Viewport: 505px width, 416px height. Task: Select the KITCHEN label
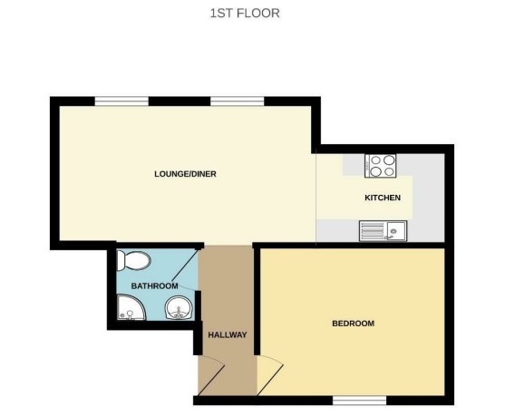click(x=382, y=198)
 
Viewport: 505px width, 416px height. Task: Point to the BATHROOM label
click(x=154, y=286)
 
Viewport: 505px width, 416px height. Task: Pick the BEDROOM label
click(x=353, y=324)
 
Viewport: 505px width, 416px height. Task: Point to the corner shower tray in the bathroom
click(x=131, y=313)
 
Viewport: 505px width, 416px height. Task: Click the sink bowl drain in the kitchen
click(x=394, y=231)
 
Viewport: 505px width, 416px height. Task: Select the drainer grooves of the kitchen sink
click(x=372, y=231)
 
